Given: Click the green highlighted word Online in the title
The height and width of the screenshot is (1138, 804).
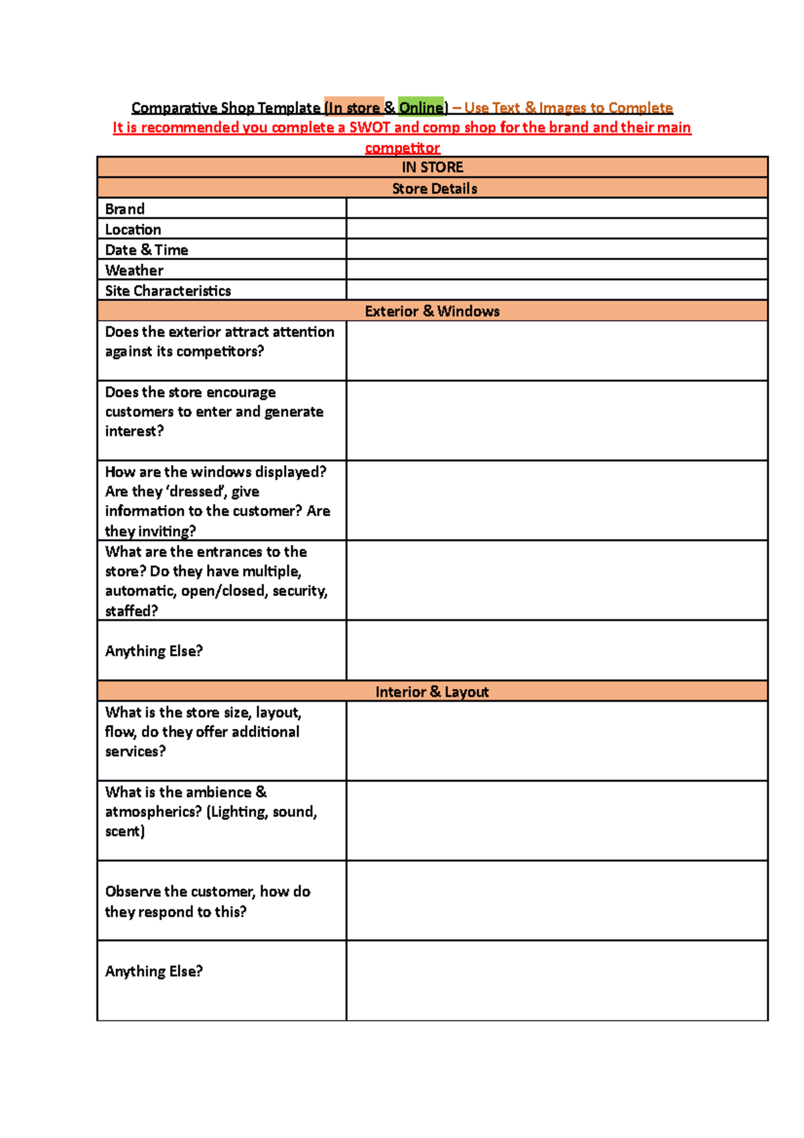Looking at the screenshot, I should click(421, 107).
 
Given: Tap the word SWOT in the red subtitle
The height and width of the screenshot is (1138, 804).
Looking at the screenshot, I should click(369, 127).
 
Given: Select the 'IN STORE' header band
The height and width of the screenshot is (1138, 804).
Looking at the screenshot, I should click(432, 167).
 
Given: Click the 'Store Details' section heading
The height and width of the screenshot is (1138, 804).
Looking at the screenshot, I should click(434, 188).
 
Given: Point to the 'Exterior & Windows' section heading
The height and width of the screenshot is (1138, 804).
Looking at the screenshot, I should click(432, 311).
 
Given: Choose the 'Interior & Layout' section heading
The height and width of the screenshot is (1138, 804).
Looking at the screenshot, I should click(432, 692).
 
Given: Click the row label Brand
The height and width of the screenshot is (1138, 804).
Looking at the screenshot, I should click(125, 209).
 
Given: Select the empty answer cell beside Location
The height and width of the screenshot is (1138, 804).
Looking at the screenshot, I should click(556, 229).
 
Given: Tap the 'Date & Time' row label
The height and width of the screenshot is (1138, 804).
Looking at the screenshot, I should click(146, 250).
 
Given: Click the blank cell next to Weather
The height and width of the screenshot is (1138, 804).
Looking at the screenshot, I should click(556, 270).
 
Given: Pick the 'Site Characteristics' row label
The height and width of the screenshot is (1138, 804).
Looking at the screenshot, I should click(167, 291).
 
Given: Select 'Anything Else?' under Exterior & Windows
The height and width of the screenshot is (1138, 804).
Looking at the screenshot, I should click(153, 651).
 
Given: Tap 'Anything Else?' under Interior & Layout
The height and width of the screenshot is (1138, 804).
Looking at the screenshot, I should click(153, 971).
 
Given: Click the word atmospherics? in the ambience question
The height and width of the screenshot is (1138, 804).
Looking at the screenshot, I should click(153, 812).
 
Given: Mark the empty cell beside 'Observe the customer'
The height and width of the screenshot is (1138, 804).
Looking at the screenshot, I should click(556, 901).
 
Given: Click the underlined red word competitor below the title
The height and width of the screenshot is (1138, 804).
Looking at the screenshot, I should click(402, 147).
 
